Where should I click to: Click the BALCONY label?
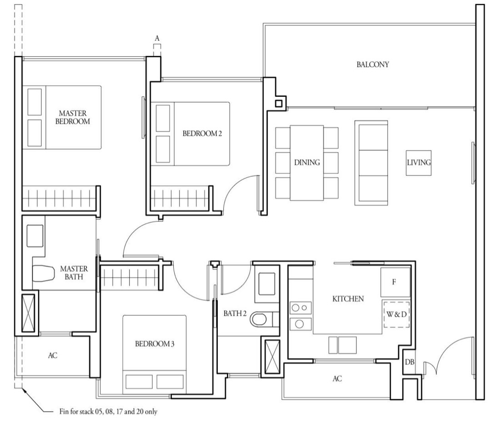pyautogui.click(x=373, y=65)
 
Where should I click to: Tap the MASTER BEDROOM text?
pyautogui.click(x=72, y=117)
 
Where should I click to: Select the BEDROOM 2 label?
pyautogui.click(x=202, y=134)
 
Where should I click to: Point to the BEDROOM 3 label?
pyautogui.click(x=155, y=344)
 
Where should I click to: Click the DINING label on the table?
pyautogui.click(x=307, y=162)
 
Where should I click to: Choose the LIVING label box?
pyautogui.click(x=419, y=163)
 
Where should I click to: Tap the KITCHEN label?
pyautogui.click(x=348, y=299)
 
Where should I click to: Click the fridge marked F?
pyautogui.click(x=395, y=282)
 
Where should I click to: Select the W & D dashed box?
pyautogui.click(x=396, y=314)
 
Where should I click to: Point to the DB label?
pyautogui.click(x=409, y=362)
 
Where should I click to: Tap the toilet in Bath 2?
pyautogui.click(x=260, y=319)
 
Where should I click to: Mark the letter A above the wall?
pyautogui.click(x=157, y=38)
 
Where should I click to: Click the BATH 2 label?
pyautogui.click(x=235, y=313)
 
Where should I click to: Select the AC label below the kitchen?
pyautogui.click(x=337, y=379)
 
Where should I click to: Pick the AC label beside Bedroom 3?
pyautogui.click(x=53, y=355)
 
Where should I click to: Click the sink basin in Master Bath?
pyautogui.click(x=35, y=236)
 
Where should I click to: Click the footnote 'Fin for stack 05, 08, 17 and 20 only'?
pyautogui.click(x=108, y=412)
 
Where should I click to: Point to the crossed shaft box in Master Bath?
pyautogui.click(x=28, y=313)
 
